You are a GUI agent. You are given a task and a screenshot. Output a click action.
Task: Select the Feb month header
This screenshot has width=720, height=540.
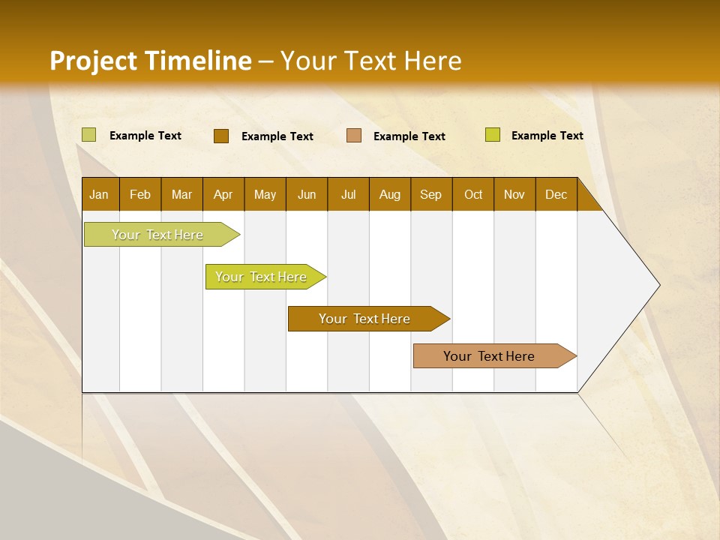[140, 194]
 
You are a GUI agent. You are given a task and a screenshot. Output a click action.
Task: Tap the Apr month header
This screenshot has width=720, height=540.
[223, 194]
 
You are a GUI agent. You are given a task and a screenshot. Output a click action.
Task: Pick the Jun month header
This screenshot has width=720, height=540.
[307, 194]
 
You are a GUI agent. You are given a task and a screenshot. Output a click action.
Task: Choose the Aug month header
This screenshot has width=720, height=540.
[390, 194]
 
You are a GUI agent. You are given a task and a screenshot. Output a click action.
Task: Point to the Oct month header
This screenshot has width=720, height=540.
[473, 194]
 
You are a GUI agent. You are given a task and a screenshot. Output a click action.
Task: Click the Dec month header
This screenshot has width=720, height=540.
[556, 194]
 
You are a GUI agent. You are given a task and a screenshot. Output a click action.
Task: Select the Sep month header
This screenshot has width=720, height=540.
[431, 194]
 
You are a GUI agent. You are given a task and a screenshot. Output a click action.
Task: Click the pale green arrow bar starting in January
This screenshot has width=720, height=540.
[162, 235]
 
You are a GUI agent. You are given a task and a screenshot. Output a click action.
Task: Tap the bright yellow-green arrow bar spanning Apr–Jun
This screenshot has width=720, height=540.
[265, 277]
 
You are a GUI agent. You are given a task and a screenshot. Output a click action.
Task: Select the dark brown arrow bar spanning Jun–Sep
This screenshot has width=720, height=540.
[369, 319]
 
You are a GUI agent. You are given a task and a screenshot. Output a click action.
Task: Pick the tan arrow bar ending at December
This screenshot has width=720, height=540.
[495, 355]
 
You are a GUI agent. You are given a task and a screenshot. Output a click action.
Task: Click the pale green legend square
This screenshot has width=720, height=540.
[88, 135]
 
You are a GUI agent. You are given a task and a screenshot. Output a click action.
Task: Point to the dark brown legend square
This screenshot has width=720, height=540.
[221, 136]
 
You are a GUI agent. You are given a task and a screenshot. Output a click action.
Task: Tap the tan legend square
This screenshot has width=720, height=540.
[353, 136]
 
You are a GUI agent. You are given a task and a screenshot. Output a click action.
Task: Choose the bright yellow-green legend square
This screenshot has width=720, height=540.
[493, 134]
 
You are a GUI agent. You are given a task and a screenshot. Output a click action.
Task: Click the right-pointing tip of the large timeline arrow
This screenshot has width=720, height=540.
[660, 285]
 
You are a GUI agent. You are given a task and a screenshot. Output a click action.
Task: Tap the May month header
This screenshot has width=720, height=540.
[265, 194]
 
